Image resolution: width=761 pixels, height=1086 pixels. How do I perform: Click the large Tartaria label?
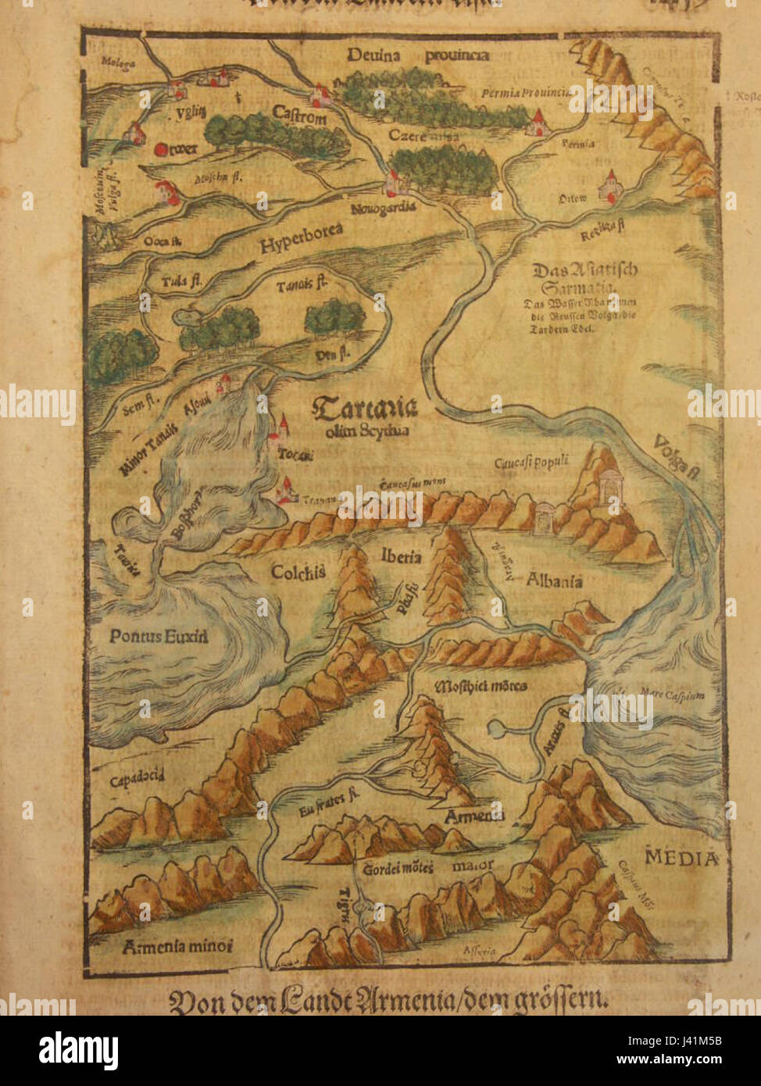coord(364,409)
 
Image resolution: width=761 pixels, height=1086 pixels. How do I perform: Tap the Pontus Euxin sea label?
coord(159,636)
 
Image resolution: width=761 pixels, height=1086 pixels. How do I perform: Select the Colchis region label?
coord(298,572)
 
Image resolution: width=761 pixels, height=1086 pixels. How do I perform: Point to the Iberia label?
coord(402,556)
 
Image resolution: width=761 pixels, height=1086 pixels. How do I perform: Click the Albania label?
coord(555,581)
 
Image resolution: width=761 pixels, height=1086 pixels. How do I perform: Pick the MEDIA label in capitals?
coord(681,859)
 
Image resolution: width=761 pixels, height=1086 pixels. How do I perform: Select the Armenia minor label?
coord(178,946)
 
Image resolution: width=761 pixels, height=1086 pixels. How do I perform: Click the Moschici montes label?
coord(480,686)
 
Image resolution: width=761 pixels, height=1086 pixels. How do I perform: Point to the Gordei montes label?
coord(398,868)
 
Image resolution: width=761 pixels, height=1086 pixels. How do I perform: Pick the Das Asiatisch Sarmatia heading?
coord(584,277)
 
